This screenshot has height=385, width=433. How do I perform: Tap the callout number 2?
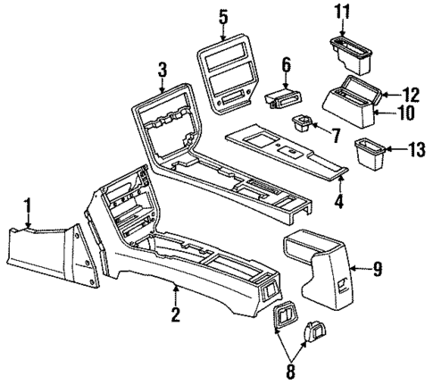tap(176, 313)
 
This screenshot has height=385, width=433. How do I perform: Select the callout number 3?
tap(161, 69)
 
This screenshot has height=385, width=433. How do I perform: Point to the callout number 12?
tap(411, 94)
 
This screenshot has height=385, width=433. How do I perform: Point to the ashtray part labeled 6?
tap(281, 98)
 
